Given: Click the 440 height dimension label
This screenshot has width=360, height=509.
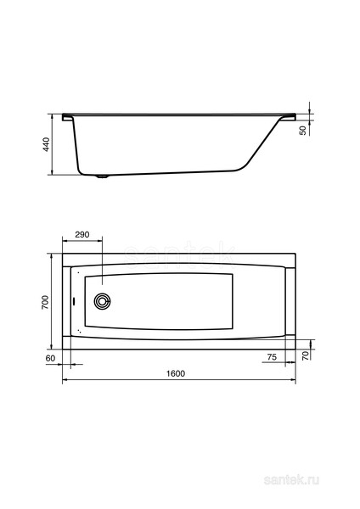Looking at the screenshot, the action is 47,144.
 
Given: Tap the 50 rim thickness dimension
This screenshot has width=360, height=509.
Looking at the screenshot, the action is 303,131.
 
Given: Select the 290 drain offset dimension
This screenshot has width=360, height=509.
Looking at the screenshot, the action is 82,234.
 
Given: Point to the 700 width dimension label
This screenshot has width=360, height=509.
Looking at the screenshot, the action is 45,302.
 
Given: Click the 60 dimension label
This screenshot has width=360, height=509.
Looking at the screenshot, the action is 50,358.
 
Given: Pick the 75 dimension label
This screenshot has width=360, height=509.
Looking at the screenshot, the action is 272,357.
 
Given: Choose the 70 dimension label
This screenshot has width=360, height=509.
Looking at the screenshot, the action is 306,355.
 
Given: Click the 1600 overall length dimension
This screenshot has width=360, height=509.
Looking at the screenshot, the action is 176,373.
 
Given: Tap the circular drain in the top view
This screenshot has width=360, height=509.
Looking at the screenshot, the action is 103,301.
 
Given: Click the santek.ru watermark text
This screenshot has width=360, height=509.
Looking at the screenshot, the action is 291,480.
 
